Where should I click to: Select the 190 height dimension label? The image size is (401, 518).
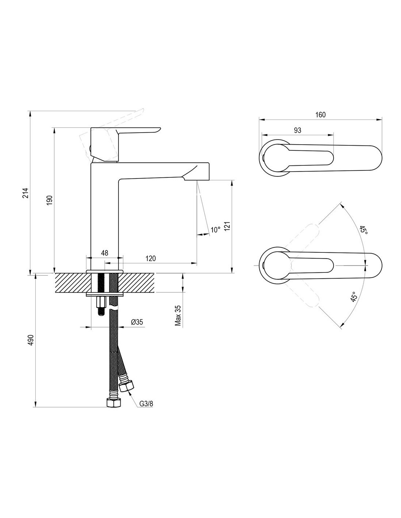(50, 200)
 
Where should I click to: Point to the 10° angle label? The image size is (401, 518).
(215, 230)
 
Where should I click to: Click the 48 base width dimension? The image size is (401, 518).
(104, 253)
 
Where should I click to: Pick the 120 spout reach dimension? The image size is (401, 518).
(151, 258)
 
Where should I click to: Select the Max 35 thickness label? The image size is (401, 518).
(178, 315)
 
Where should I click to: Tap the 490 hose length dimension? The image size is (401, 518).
(31, 340)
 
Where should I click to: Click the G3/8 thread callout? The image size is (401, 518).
(146, 404)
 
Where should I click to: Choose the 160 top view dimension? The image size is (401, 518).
(320, 114)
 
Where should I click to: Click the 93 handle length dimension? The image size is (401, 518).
(297, 130)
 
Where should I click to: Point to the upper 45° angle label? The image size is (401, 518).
(363, 230)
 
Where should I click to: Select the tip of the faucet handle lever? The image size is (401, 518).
(158, 129)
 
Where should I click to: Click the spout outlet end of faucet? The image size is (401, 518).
(196, 178)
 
